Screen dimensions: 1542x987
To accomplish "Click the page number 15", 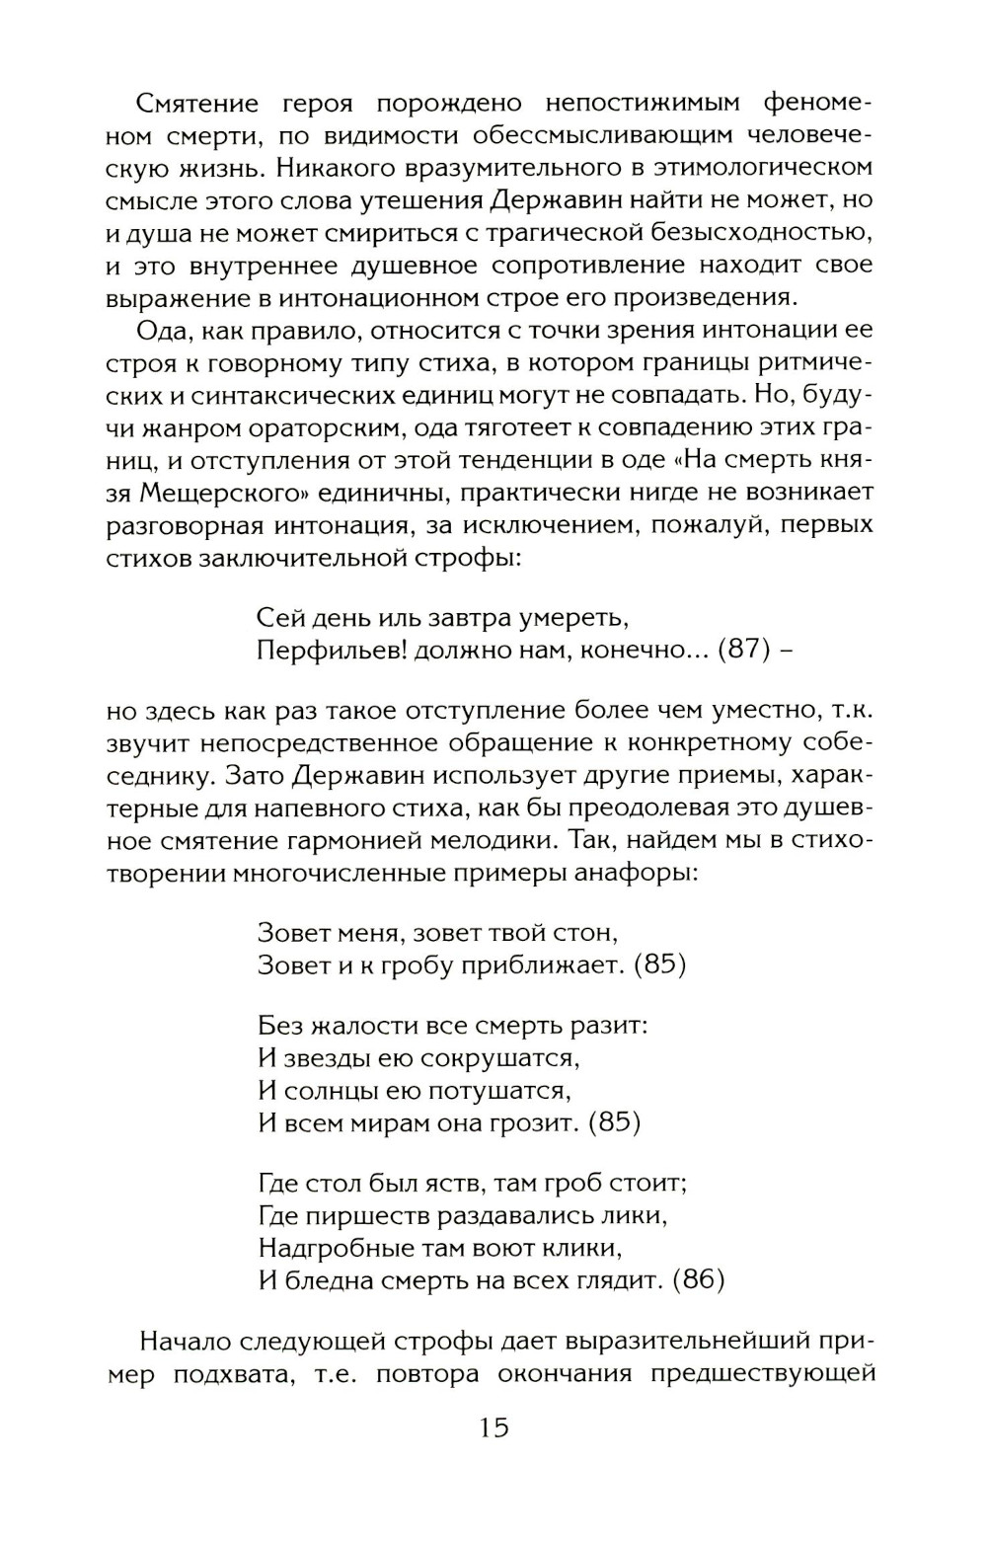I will [493, 1427].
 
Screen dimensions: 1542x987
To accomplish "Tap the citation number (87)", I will [742, 650].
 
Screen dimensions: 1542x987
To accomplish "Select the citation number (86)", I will [698, 1279].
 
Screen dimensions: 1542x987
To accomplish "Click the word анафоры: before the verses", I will [642, 874].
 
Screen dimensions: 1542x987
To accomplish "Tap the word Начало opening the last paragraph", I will [193, 1342].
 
